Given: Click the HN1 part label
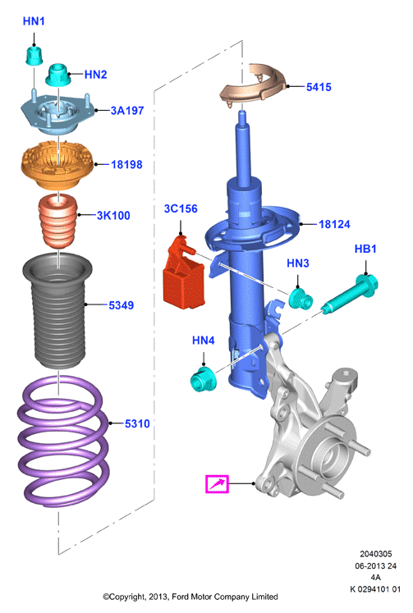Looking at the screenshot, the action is [34, 21].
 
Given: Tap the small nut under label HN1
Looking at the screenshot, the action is [34, 56].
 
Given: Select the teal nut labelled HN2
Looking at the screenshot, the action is [57, 75].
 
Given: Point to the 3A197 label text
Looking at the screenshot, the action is [127, 111].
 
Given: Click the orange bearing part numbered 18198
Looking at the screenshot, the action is [57, 166].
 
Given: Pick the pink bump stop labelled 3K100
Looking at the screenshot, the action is [57, 221].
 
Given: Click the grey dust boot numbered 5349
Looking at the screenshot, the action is [57, 311].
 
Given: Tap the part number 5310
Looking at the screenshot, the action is [137, 423].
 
